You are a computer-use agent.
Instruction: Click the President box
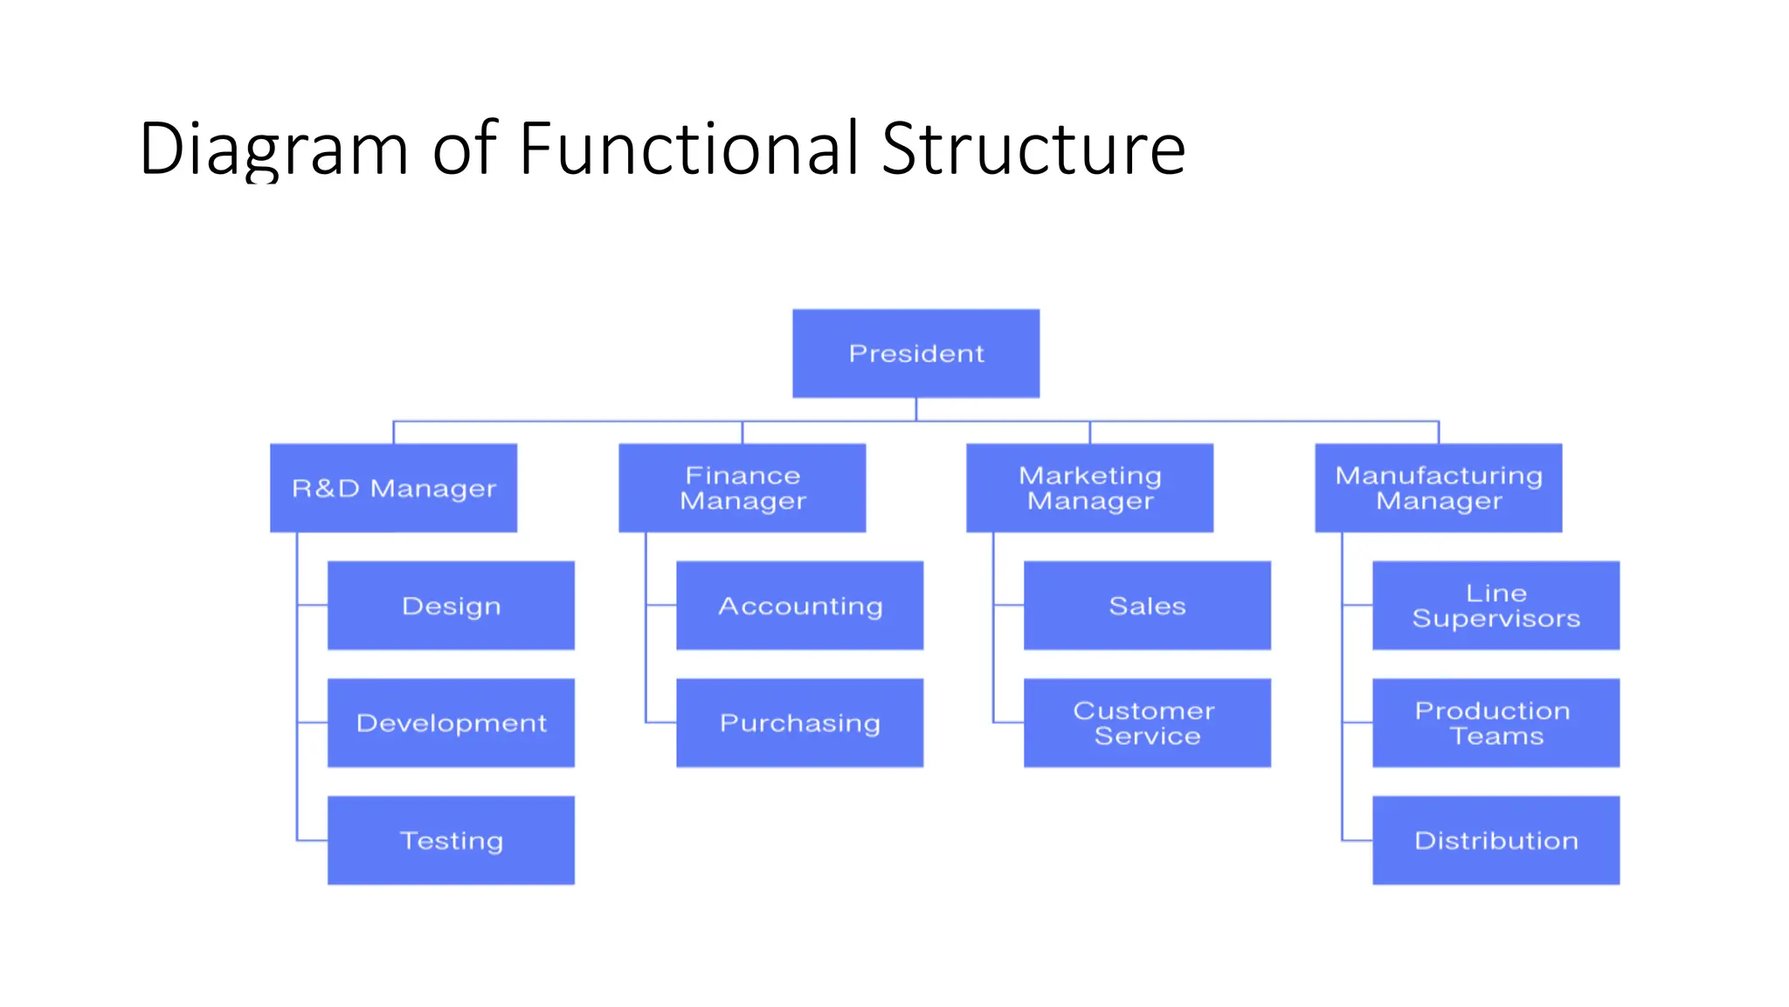tap(915, 353)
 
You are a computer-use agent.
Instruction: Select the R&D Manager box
tap(393, 488)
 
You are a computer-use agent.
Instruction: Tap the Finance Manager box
tap(742, 488)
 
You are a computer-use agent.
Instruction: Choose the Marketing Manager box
tap(1089, 488)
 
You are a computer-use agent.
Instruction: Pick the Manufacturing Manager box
tap(1438, 488)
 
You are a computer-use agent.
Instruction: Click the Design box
tap(451, 605)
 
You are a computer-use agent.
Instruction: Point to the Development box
tap(451, 723)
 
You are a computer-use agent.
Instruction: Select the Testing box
tap(451, 840)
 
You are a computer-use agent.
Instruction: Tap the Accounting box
tap(799, 605)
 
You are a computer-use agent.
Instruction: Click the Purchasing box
tap(799, 723)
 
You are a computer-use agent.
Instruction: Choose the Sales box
tap(1147, 605)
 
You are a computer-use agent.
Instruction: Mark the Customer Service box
tap(1147, 723)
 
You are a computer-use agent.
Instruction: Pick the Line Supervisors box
tap(1495, 605)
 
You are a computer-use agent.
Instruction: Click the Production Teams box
tap(1495, 723)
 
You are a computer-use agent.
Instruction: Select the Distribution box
tap(1495, 840)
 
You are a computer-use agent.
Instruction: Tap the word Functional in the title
tap(690, 149)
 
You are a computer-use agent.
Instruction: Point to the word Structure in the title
tap(1033, 149)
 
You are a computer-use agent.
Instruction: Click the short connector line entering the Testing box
tap(312, 840)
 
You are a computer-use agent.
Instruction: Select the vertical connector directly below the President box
tap(915, 409)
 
